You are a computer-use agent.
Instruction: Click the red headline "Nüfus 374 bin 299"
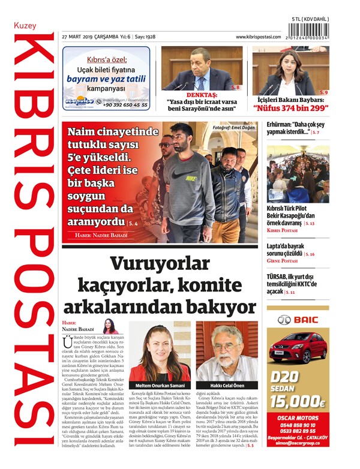(290, 108)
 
